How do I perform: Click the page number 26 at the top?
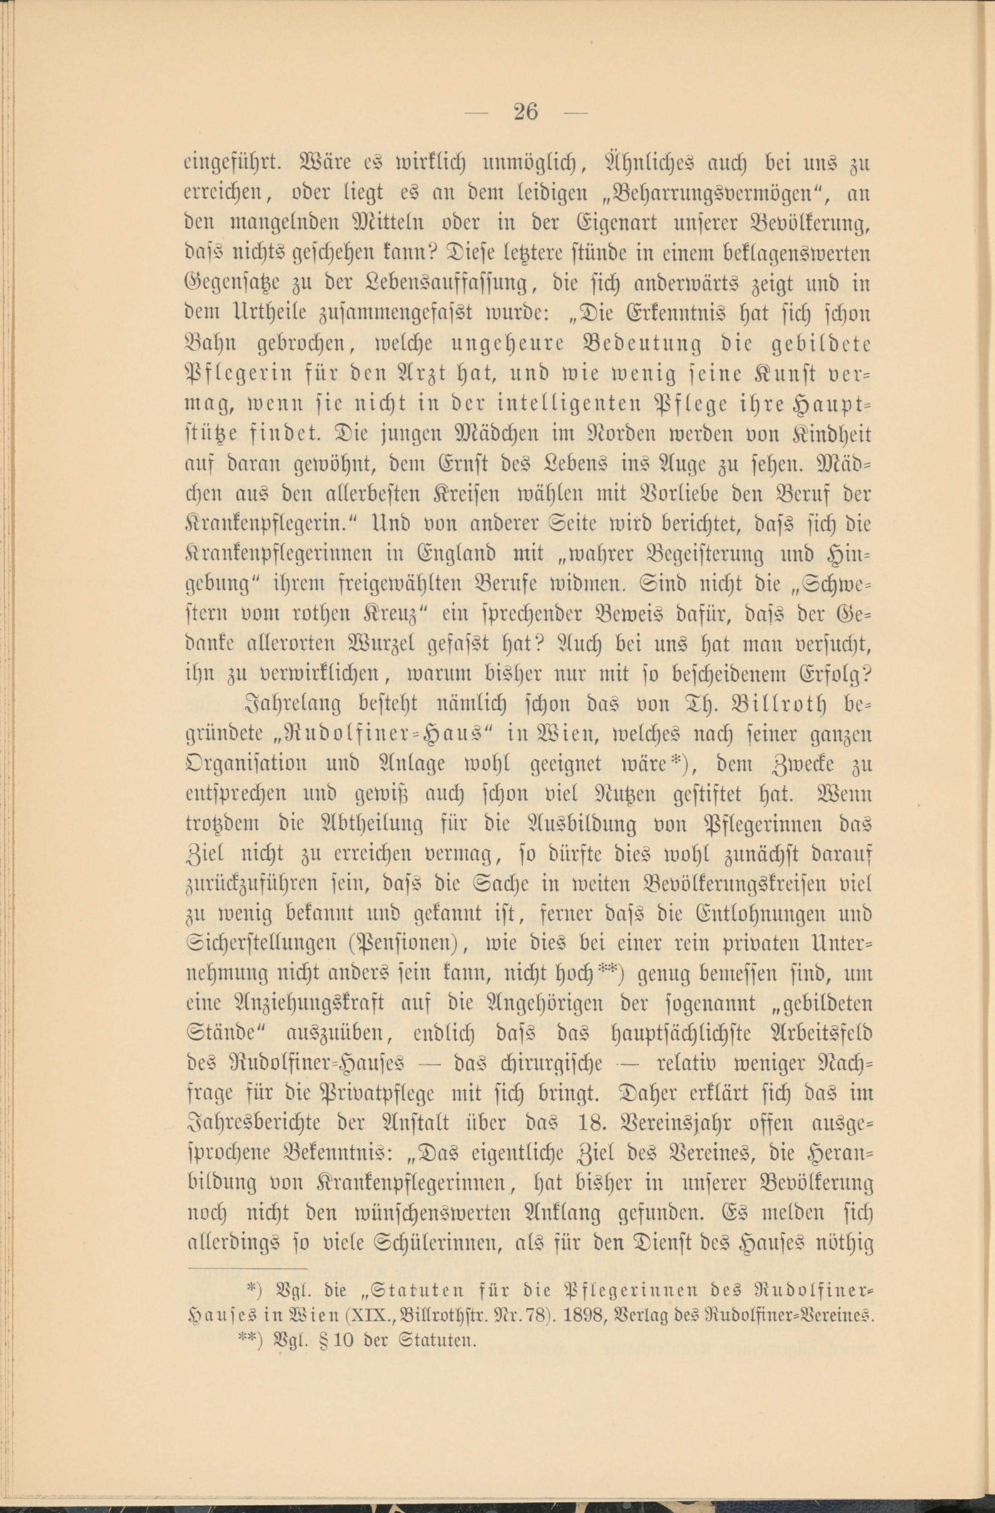point(525,112)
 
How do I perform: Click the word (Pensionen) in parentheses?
point(405,943)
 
